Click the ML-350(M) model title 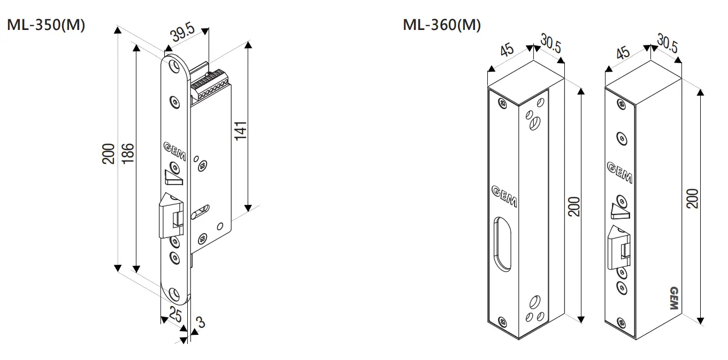pos(45,25)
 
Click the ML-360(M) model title pos(442,25)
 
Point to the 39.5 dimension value pos(182,35)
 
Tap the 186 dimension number pos(128,153)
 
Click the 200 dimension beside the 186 pos(109,153)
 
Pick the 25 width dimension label pos(175,315)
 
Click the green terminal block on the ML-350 pos(210,83)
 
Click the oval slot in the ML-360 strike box pos(501,244)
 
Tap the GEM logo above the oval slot pos(503,195)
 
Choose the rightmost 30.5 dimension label pos(667,44)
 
